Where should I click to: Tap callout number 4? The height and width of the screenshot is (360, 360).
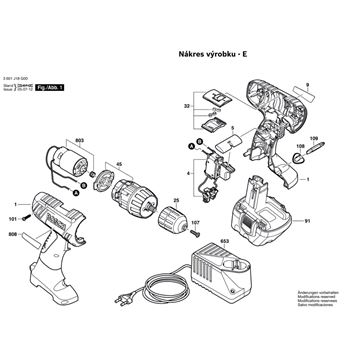click(x=188, y=175)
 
